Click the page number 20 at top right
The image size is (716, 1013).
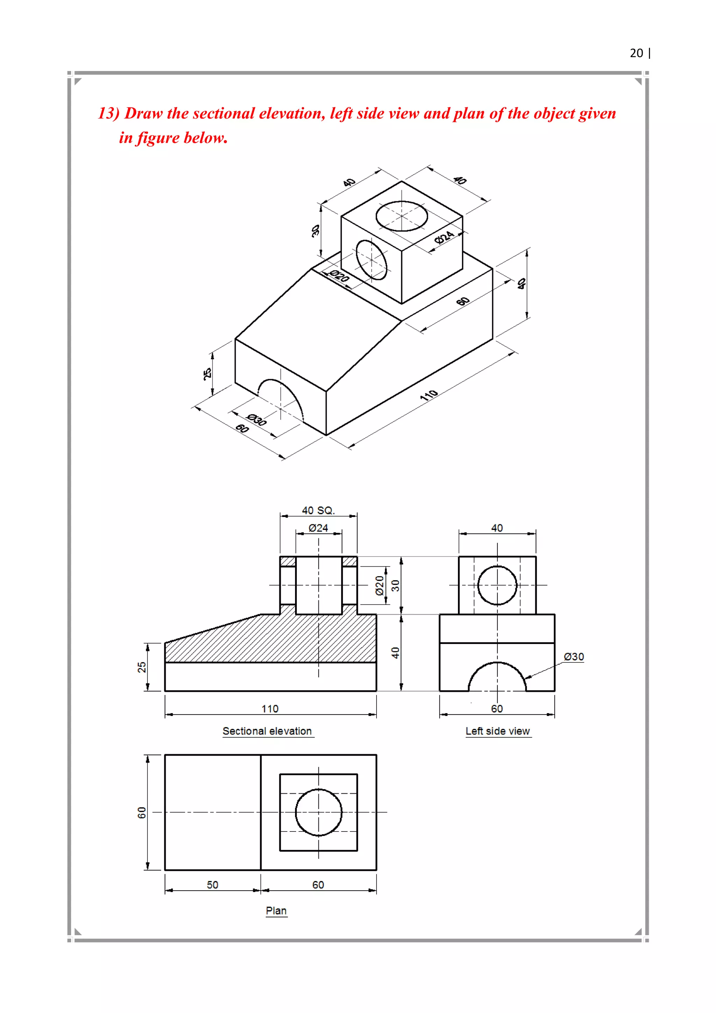(636, 54)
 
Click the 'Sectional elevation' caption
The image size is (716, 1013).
(267, 731)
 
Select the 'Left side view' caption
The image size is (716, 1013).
(498, 731)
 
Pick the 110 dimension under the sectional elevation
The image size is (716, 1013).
(270, 709)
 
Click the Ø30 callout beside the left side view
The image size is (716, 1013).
(574, 657)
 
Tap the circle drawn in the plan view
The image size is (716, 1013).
(318, 812)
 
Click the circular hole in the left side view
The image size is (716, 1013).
(497, 585)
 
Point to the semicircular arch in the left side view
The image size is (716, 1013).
(497, 677)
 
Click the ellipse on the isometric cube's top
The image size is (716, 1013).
(402, 216)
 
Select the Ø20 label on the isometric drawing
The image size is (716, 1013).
(339, 276)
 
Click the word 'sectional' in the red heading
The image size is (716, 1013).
(225, 113)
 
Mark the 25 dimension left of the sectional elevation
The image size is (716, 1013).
(142, 667)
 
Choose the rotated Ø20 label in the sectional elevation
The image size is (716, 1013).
(380, 586)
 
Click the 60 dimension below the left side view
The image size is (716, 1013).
(497, 709)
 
